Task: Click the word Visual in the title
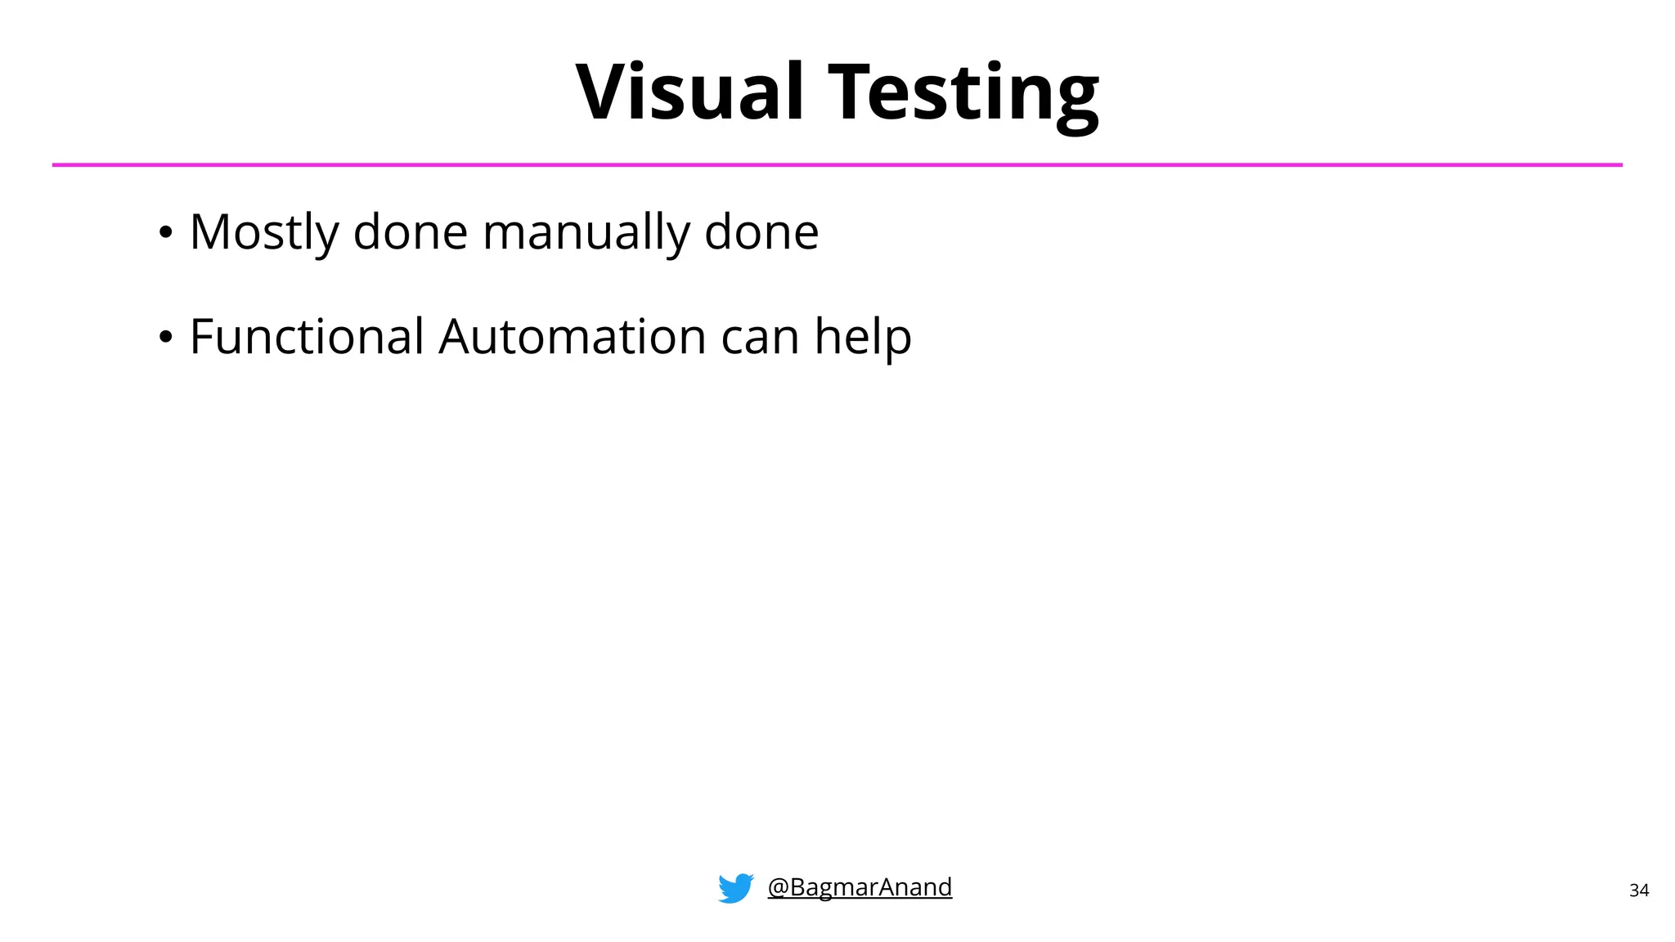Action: (689, 92)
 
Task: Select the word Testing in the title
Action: (963, 93)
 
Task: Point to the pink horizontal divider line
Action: (837, 165)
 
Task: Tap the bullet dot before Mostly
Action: (166, 233)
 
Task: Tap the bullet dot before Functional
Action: (166, 337)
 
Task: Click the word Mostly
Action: (263, 232)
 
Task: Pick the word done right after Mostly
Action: (411, 232)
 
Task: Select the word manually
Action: (586, 232)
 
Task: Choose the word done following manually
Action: (761, 232)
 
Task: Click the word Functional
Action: (307, 336)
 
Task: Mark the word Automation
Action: (573, 336)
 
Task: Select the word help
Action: (863, 336)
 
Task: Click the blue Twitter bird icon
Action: (736, 888)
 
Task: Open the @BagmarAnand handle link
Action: (860, 887)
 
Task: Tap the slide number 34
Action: (1639, 890)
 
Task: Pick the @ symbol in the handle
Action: (778, 887)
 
